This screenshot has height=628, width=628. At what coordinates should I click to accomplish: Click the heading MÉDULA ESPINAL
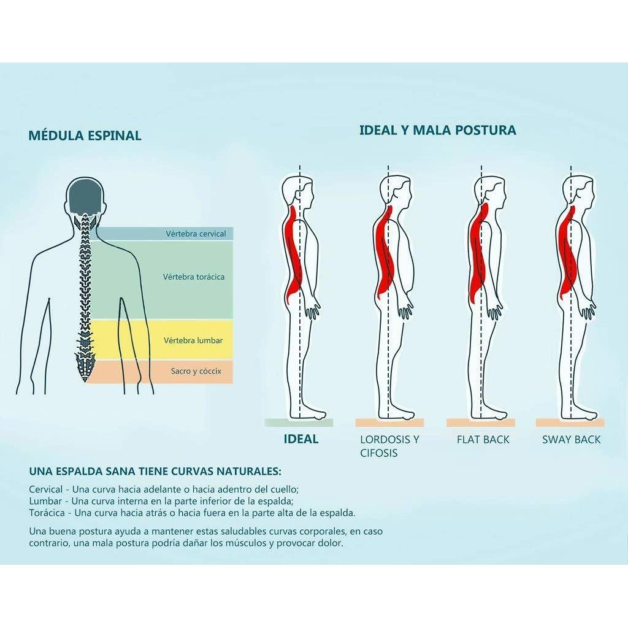point(85,135)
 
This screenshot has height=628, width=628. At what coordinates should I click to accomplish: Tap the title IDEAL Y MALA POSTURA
point(438,130)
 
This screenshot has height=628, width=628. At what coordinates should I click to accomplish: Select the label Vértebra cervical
point(196,234)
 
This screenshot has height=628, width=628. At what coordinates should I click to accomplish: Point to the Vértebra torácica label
point(194,277)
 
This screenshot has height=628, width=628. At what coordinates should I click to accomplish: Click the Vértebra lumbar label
point(193,340)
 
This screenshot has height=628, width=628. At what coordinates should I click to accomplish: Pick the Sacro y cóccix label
point(196,371)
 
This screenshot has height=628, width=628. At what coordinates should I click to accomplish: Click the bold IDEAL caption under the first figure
point(301,439)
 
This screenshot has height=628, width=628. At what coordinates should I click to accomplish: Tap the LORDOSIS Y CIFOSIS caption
point(389,446)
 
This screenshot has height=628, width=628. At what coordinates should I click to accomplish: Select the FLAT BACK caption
point(483,439)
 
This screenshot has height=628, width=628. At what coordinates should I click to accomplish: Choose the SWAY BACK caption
point(572,439)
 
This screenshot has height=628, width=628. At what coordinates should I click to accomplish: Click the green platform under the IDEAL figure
point(299,423)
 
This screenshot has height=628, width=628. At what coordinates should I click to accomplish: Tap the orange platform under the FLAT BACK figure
point(481,423)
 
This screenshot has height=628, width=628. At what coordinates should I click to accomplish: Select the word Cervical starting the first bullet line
point(45,489)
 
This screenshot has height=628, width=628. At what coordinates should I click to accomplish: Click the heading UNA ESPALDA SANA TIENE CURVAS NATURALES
point(155,471)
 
